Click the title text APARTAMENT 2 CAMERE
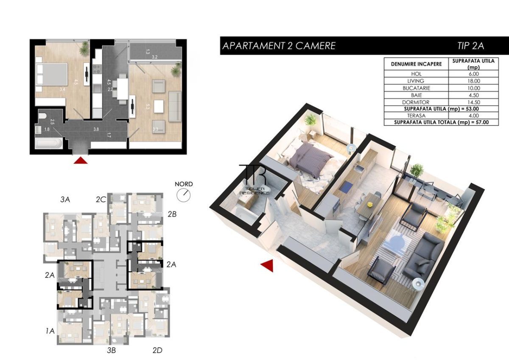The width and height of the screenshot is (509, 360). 279,46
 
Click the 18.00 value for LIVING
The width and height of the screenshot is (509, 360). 473,81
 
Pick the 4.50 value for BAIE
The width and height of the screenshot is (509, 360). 473,95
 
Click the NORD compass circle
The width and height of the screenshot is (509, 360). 185,194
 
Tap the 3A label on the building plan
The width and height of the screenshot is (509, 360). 65,199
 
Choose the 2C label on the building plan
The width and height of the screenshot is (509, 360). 101,199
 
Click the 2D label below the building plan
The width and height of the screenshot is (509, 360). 157,350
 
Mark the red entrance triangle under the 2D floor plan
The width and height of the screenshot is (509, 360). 81,160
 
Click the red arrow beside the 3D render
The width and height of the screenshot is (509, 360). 267,266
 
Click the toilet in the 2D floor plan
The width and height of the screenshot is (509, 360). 42,115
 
